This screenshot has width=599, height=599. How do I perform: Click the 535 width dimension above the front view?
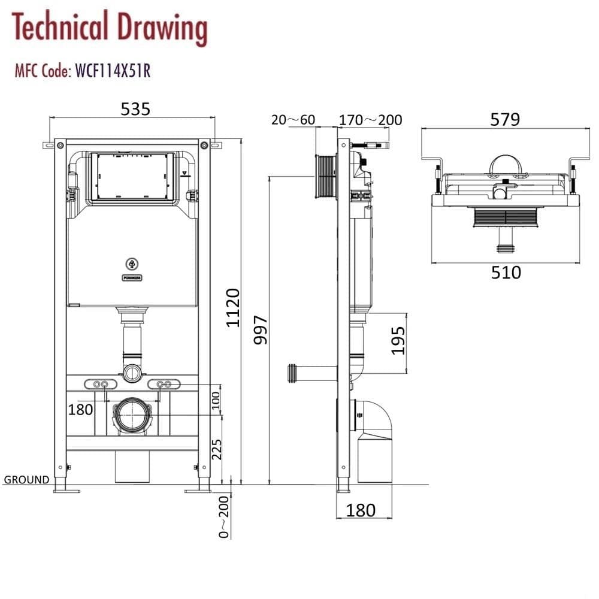click(x=135, y=108)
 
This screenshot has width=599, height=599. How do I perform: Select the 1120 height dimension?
click(x=233, y=307)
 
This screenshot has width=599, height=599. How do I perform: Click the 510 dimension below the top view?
click(x=506, y=273)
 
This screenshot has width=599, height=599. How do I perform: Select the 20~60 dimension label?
click(x=293, y=120)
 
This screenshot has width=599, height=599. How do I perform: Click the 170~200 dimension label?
click(x=370, y=120)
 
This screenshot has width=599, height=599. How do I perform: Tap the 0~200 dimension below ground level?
click(x=224, y=517)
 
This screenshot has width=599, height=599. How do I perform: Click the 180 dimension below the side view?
click(x=361, y=510)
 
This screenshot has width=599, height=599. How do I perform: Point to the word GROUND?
click(x=27, y=479)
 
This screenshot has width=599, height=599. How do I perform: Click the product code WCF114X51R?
click(x=112, y=71)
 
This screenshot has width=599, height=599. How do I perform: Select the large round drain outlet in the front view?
click(x=132, y=415)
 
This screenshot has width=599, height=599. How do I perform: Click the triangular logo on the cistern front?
click(x=132, y=263)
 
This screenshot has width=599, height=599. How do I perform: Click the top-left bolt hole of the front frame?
click(x=60, y=144)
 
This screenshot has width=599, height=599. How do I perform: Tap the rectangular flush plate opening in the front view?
click(x=132, y=177)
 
